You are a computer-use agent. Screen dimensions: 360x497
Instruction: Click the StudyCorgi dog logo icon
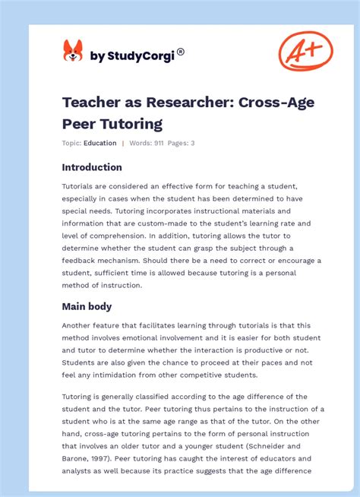(x=72, y=52)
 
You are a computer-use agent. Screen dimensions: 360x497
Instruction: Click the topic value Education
(x=100, y=143)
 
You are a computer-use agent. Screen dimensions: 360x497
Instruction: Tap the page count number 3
(x=192, y=143)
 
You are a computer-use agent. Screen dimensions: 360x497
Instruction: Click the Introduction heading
(x=92, y=167)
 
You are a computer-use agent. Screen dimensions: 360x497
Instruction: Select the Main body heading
(x=87, y=306)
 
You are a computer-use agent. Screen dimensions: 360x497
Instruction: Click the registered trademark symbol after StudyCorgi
(x=181, y=52)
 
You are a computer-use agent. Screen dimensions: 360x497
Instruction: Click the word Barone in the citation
(x=79, y=459)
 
